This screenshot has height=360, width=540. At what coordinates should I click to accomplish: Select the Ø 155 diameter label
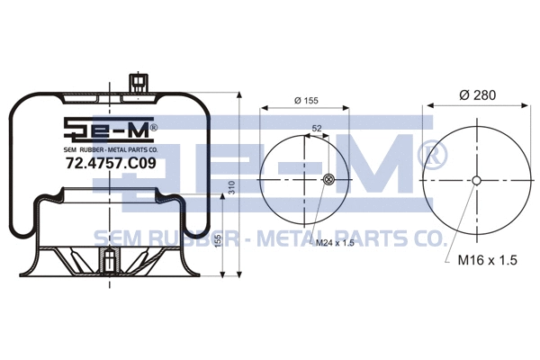point(309,101)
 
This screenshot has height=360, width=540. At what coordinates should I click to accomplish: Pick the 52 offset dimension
point(316,129)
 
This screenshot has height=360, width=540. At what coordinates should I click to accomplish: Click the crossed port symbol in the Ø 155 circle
point(328,179)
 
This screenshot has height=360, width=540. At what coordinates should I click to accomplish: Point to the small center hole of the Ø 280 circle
point(476,179)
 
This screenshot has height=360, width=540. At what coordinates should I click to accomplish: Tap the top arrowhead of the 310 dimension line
point(239,96)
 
